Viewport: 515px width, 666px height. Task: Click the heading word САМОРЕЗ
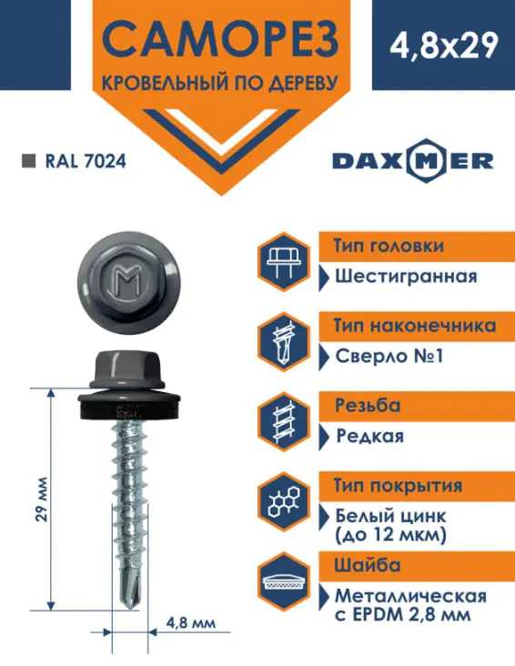point(220,40)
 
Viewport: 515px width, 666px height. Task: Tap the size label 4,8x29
point(444,45)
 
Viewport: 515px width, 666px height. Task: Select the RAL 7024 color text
point(86,161)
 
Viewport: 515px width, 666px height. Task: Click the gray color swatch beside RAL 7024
point(29,161)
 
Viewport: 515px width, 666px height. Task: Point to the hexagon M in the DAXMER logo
point(426,161)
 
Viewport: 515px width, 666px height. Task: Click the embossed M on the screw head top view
point(129,281)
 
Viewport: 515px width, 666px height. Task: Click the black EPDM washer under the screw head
point(129,408)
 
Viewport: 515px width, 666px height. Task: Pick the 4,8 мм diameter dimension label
point(191,623)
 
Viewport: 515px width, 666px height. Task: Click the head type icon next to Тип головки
point(284,261)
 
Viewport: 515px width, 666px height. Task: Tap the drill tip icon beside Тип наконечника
point(284,341)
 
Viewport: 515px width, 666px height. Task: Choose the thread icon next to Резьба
point(284,421)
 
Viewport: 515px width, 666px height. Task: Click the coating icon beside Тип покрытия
point(284,501)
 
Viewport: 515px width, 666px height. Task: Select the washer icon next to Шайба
point(284,581)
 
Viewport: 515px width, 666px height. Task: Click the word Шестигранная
point(406,277)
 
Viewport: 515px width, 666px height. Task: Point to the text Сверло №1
point(389,356)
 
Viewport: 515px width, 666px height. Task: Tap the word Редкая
point(369,436)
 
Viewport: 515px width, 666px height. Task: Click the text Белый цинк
point(390,516)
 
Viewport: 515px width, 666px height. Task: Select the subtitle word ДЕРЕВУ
point(303,84)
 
